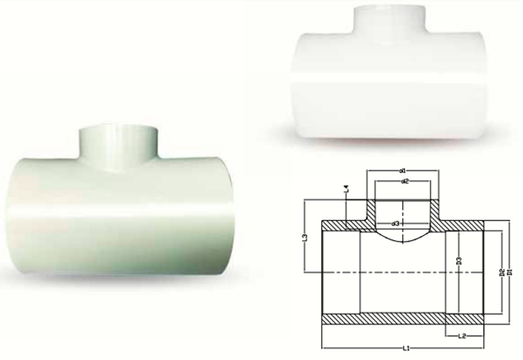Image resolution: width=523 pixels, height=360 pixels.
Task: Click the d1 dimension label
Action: click(x=404, y=172)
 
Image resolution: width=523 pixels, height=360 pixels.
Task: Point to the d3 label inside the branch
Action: click(x=396, y=224)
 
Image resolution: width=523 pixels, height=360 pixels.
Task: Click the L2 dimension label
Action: click(x=462, y=336)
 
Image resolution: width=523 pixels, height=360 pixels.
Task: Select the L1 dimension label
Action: click(x=406, y=348)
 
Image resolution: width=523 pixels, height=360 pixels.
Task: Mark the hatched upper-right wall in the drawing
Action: click(x=462, y=225)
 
